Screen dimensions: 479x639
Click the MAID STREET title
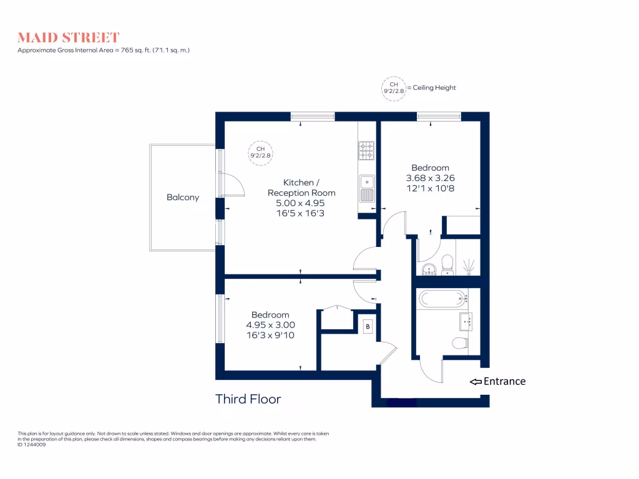(69, 37)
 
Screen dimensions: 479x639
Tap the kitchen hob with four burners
(366, 150)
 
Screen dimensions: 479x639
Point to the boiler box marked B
(368, 327)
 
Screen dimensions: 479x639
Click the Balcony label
(183, 198)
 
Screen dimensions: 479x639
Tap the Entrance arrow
(476, 382)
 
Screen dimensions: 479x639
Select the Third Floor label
(248, 399)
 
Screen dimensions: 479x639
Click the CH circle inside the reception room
(261, 152)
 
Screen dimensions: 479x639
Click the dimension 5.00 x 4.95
(301, 203)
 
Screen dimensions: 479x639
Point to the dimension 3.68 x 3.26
(430, 178)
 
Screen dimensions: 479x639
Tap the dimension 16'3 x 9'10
(270, 335)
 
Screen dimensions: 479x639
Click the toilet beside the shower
(447, 264)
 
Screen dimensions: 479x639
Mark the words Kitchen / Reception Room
(301, 188)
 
